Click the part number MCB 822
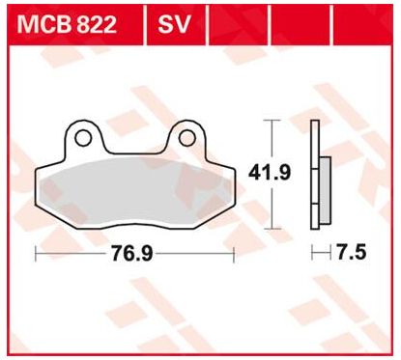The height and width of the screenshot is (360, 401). click(x=67, y=24)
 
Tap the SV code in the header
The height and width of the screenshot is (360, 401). click(x=174, y=24)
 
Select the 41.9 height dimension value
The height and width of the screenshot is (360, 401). click(x=270, y=173)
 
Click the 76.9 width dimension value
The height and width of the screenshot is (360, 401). click(x=132, y=253)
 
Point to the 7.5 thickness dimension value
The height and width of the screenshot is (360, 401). click(x=352, y=252)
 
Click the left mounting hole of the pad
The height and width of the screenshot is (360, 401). click(x=83, y=138)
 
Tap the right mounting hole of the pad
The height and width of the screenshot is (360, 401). click(x=187, y=138)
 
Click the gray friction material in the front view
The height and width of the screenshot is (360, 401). click(x=135, y=190)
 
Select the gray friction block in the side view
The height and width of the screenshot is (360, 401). click(x=325, y=190)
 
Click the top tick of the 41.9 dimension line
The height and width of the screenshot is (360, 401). click(x=272, y=120)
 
